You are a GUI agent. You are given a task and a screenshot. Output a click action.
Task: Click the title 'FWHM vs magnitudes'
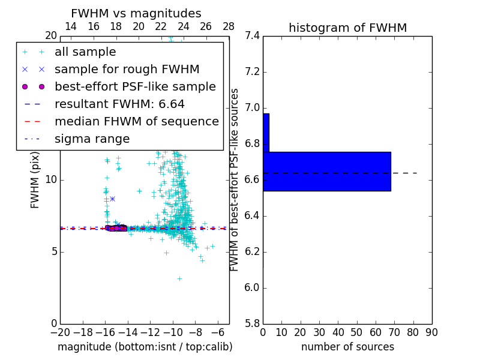click(136, 13)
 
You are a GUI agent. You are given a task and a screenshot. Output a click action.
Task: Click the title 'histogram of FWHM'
click(347, 28)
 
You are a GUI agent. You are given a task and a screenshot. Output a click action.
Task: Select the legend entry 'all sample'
click(85, 52)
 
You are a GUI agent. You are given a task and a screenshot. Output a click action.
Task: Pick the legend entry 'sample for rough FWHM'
click(127, 70)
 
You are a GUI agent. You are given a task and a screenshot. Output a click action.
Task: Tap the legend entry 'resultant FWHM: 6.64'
click(119, 104)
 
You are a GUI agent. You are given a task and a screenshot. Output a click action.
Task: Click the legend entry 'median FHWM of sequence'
click(136, 122)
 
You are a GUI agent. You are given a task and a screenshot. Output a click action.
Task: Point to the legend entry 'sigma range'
click(92, 139)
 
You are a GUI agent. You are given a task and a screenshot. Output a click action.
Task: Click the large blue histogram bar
click(327, 172)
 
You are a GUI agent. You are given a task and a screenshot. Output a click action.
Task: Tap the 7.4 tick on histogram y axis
click(252, 36)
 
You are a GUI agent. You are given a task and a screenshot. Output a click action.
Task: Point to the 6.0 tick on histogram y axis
click(252, 288)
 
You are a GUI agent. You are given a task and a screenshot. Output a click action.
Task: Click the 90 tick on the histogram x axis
click(431, 332)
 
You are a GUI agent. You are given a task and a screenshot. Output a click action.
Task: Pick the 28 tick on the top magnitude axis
click(229, 26)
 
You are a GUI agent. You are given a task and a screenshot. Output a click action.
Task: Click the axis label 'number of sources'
click(347, 347)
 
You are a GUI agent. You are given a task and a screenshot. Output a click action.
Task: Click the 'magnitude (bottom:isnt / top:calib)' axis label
click(145, 347)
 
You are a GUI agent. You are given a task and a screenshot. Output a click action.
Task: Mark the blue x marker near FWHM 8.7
click(112, 199)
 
